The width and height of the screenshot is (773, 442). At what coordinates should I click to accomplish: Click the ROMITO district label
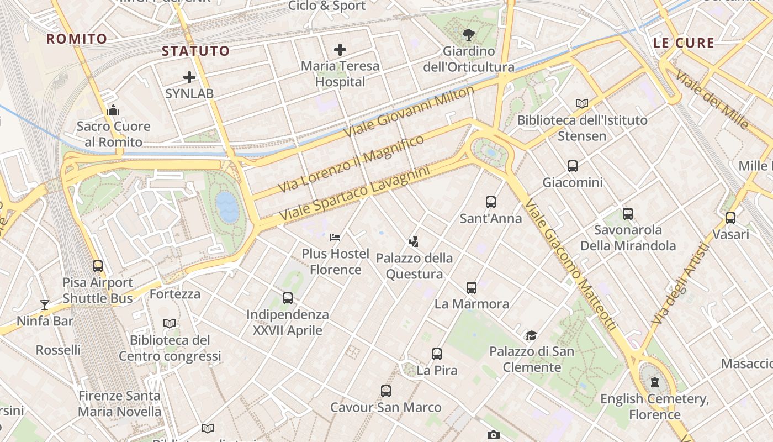click(x=77, y=39)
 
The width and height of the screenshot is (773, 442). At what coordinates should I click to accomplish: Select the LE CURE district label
click(x=684, y=43)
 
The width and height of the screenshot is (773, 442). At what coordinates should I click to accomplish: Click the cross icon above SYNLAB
click(x=189, y=77)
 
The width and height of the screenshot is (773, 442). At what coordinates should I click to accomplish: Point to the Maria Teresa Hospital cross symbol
click(x=340, y=49)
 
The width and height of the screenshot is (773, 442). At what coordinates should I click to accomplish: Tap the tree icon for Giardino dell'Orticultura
click(x=469, y=35)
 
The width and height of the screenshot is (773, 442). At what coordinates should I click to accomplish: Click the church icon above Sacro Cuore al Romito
click(x=113, y=109)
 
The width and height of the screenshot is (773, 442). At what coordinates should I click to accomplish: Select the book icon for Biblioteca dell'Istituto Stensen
click(x=581, y=103)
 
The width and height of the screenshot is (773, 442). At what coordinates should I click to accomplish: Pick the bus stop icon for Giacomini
click(x=573, y=166)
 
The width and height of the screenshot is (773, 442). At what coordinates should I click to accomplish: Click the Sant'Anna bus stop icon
click(x=491, y=202)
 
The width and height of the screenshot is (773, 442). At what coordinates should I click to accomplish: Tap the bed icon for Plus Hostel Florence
click(x=335, y=238)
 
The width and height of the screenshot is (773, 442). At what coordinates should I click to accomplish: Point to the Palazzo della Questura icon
click(x=414, y=241)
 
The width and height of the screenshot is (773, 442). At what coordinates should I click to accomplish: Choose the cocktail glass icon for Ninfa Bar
click(x=44, y=304)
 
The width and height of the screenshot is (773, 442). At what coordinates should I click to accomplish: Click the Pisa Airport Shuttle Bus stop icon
click(x=98, y=266)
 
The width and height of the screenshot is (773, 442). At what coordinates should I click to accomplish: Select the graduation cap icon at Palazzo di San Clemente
click(x=531, y=335)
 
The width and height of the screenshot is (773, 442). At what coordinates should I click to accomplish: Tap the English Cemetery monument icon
click(x=655, y=382)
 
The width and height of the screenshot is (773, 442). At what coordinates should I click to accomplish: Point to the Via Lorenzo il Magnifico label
click(x=351, y=164)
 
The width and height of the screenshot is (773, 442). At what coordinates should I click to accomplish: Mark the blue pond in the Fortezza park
click(x=227, y=206)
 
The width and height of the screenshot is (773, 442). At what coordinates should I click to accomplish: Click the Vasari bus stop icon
click(x=730, y=218)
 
